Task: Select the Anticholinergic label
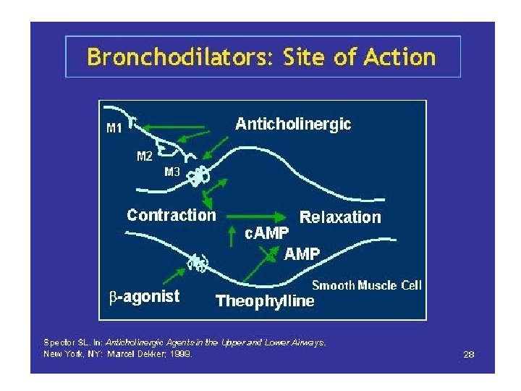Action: point(293,125)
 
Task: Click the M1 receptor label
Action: point(114,130)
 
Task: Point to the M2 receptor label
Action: point(145,156)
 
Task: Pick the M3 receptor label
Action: point(172,172)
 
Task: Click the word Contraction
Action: point(171,215)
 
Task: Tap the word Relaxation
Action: point(339,217)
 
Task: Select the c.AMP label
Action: point(266,233)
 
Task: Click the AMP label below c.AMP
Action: point(302,253)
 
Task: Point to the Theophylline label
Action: point(266,300)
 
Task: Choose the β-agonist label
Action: point(144,296)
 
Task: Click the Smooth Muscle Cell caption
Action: point(366,285)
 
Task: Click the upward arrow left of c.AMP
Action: point(232,235)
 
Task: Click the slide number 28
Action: point(468,354)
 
